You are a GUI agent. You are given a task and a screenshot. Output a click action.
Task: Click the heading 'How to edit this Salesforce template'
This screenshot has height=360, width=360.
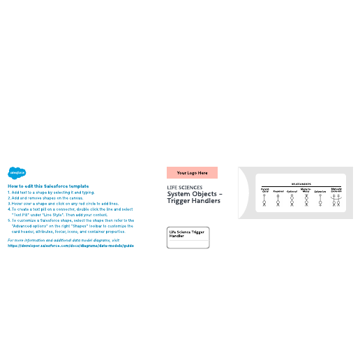(x=48, y=186)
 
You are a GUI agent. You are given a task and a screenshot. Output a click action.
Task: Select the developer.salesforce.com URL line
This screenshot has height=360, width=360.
(x=70, y=246)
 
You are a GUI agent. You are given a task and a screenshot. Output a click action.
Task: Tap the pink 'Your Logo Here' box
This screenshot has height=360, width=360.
(x=192, y=172)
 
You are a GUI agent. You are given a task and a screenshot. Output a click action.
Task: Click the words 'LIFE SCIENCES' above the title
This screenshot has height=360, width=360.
(x=185, y=187)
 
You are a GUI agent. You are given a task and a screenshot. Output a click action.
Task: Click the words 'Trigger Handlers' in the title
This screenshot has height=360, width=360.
(x=193, y=201)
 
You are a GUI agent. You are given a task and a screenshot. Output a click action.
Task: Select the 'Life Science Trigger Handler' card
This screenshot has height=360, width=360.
(x=188, y=237)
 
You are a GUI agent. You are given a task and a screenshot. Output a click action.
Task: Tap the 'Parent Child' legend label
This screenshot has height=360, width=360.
(x=265, y=190)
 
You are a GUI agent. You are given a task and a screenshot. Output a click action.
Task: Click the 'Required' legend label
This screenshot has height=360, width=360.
(x=278, y=190)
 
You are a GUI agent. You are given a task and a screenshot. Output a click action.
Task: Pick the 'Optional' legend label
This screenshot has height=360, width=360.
(x=292, y=190)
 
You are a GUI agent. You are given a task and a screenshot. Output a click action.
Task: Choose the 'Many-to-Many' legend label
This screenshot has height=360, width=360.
(x=306, y=190)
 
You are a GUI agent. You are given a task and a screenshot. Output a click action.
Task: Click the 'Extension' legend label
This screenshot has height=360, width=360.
(x=320, y=190)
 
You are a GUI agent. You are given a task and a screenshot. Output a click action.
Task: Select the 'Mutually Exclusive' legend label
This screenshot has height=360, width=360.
(x=336, y=190)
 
